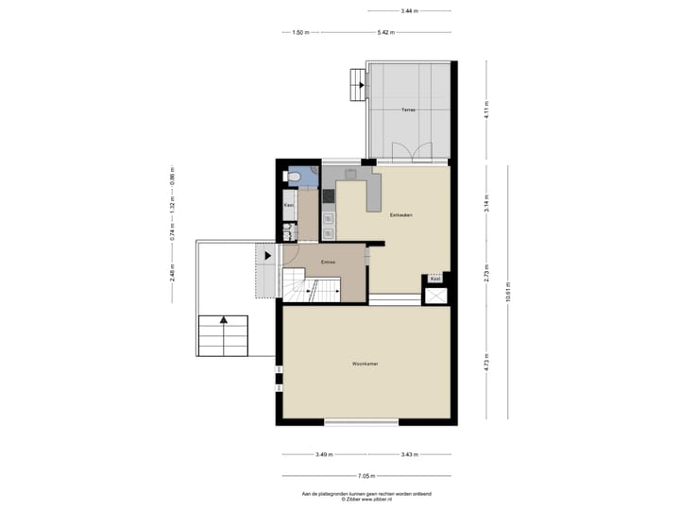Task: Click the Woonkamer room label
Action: tap(365, 363)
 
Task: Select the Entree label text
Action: tap(329, 262)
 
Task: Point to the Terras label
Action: tap(408, 110)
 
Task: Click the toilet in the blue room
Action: tap(295, 177)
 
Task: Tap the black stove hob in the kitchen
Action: tap(329, 196)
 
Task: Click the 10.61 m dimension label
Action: tap(508, 292)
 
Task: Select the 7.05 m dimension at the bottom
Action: tap(365, 476)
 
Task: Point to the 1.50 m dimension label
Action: tap(299, 32)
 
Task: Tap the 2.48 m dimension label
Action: tap(172, 273)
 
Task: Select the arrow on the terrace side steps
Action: tap(361, 84)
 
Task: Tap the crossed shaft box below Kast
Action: tap(436, 297)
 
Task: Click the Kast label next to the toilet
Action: tap(289, 205)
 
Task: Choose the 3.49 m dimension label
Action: tap(323, 455)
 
